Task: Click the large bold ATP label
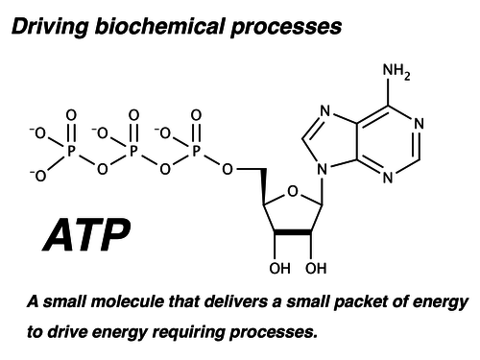pos(85,235)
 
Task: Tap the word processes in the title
pos(288,27)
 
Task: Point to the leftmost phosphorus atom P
pos(70,151)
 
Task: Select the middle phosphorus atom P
pos(133,151)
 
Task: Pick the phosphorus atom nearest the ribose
pos(196,151)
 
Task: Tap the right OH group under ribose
pos(317,267)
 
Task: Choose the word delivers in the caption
pos(227,302)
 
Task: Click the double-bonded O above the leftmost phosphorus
pos(70,116)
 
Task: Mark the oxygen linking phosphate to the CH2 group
pos(228,170)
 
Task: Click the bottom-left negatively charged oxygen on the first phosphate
pos(38,175)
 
